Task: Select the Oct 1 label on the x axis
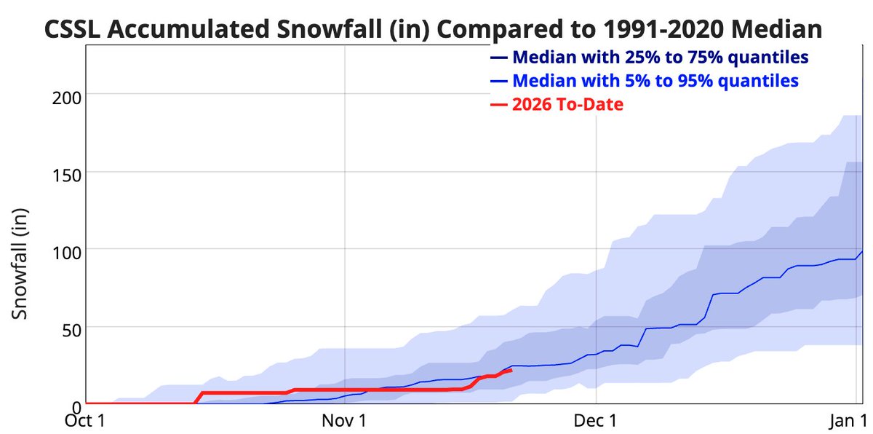87,421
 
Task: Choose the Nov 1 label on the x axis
344,421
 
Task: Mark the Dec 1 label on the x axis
596,421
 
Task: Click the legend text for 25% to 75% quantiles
661,57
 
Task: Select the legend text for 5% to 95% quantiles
655,80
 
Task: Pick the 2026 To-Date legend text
567,104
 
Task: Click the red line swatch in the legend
498,105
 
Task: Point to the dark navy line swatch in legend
498,58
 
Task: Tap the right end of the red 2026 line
512,370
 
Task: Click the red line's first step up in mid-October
198,398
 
